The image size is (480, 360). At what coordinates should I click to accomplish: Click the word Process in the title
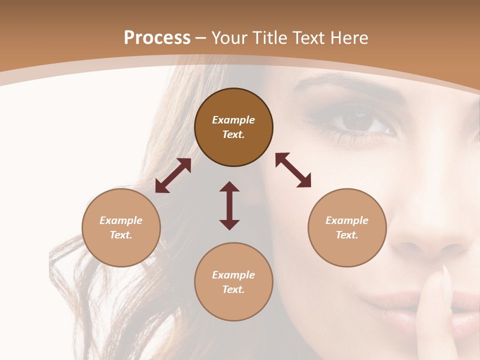point(157,38)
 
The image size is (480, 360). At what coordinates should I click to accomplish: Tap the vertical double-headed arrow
point(229,205)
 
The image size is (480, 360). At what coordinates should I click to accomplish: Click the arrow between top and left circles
point(173,175)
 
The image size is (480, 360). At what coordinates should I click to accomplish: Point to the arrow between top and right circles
point(293,170)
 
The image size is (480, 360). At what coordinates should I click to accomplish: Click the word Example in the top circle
point(233,120)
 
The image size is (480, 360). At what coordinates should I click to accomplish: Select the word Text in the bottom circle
point(232,289)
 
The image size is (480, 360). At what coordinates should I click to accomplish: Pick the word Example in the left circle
point(121,220)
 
